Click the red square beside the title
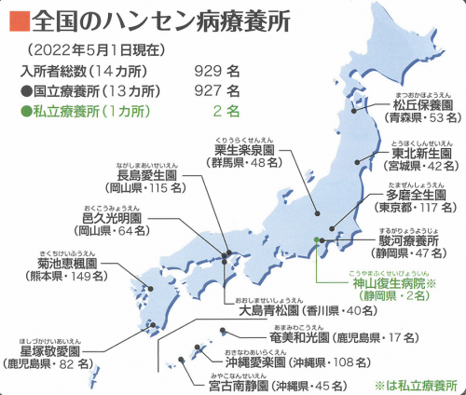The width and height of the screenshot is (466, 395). (16, 18)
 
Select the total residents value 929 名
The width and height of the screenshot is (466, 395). (218, 70)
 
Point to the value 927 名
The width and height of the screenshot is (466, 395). (218, 90)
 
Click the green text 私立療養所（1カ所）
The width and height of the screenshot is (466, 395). (80, 110)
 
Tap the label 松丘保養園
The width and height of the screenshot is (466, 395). (409, 103)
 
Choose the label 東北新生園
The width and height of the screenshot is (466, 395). (410, 155)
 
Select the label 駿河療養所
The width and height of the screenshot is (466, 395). (410, 238)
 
